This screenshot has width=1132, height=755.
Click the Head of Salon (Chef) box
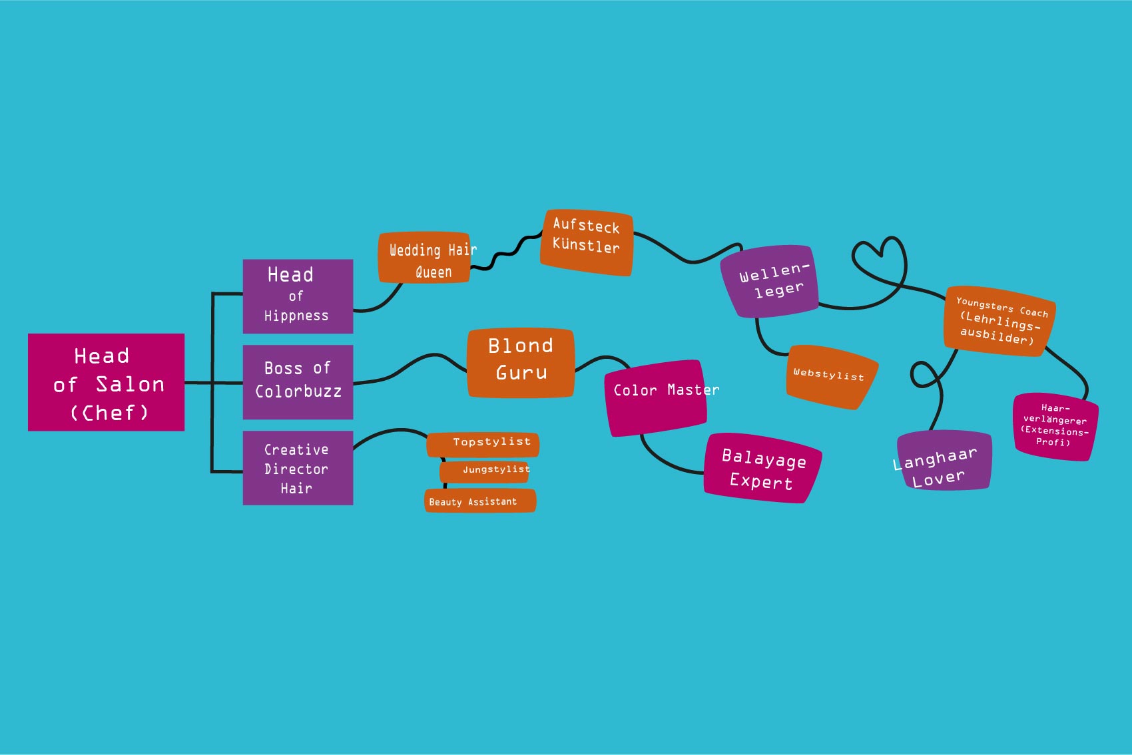pyautogui.click(x=106, y=382)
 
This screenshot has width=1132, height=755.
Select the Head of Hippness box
pyautogui.click(x=298, y=296)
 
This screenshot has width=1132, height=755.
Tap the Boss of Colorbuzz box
pyautogui.click(x=298, y=381)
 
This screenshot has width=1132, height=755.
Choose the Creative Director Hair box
pyautogui.click(x=298, y=468)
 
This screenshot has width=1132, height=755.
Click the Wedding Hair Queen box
pyautogui.click(x=425, y=258)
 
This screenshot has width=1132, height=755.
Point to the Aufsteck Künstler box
pyautogui.click(x=586, y=242)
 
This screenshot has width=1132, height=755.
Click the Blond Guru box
pyautogui.click(x=521, y=363)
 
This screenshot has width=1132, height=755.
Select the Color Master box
pyautogui.click(x=656, y=398)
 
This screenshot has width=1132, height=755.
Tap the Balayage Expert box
pyautogui.click(x=762, y=469)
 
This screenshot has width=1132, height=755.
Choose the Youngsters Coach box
pyautogui.click(x=998, y=321)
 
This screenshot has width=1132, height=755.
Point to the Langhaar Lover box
pyautogui.click(x=944, y=461)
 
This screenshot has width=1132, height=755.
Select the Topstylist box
pyautogui.click(x=483, y=444)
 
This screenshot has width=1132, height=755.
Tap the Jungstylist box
pyautogui.click(x=485, y=471)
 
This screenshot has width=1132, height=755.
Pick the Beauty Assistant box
pyautogui.click(x=480, y=501)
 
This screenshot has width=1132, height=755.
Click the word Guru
pyautogui.click(x=521, y=373)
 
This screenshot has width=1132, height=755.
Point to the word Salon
pyautogui.click(x=131, y=384)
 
